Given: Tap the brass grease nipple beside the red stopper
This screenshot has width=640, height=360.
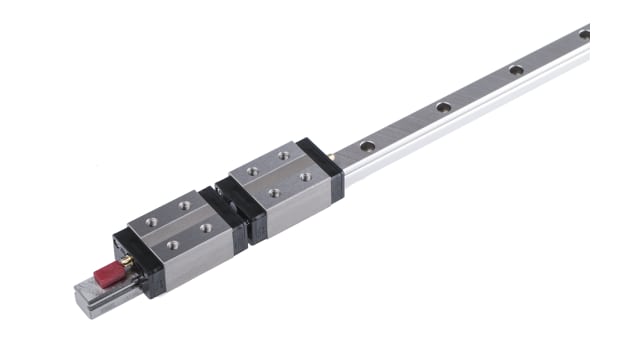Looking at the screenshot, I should click(125, 261).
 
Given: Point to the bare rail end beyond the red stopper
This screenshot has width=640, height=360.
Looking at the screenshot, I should click(87, 298).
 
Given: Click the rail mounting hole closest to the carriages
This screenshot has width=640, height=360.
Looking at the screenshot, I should click(368, 146).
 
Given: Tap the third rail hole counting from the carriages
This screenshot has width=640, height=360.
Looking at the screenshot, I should click(515, 70).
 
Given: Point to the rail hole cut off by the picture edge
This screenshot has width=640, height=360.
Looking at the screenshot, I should click(584, 34).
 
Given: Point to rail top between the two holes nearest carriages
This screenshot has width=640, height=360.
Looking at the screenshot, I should click(405, 127).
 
